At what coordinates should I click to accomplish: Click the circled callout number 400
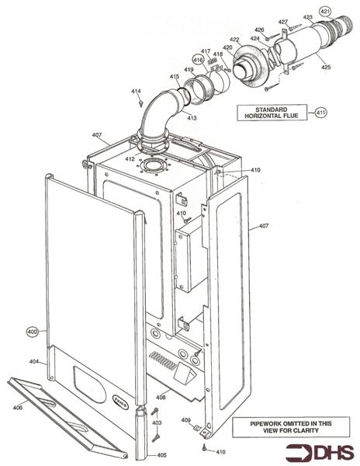[x=33, y=332]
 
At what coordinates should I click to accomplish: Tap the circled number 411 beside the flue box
[x=322, y=112]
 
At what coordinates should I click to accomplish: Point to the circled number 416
[x=198, y=60]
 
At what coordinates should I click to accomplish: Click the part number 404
[x=34, y=362]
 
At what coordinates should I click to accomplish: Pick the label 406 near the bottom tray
[x=18, y=407]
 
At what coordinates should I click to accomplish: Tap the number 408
[x=161, y=397]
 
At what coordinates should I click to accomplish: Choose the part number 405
[x=161, y=454]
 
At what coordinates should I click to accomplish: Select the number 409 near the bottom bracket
[x=186, y=421]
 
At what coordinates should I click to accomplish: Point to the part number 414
[x=136, y=92]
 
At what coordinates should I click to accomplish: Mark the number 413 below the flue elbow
[x=191, y=117]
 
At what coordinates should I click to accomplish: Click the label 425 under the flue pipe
[x=326, y=68]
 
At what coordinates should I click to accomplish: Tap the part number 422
[x=234, y=40]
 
